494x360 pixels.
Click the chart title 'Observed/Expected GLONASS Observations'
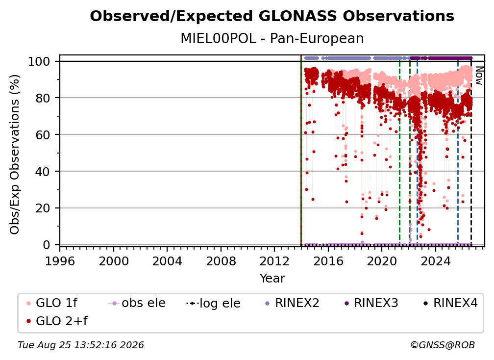[x=272, y=16]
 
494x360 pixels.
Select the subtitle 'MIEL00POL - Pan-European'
[x=272, y=38]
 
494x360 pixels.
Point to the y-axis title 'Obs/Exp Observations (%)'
[x=15, y=154]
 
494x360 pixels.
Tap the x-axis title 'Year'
[x=272, y=278]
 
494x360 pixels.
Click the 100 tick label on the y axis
[x=39, y=61]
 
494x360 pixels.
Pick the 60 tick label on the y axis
[x=43, y=135]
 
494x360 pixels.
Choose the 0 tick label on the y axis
[x=47, y=245]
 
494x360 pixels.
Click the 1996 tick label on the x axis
[x=60, y=261]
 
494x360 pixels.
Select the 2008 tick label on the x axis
[x=221, y=261]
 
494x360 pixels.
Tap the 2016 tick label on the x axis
[x=328, y=261]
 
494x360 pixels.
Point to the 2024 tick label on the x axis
[x=435, y=261]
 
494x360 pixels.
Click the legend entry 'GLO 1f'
[x=52, y=303]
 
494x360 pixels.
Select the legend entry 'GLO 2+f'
[x=57, y=321]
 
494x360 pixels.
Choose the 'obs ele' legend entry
[x=137, y=303]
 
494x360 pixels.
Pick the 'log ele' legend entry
[x=213, y=303]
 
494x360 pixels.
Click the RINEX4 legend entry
[x=450, y=303]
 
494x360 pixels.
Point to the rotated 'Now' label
[x=479, y=76]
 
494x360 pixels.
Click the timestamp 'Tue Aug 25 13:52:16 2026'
[x=81, y=345]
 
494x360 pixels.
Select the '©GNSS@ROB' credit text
[x=443, y=345]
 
